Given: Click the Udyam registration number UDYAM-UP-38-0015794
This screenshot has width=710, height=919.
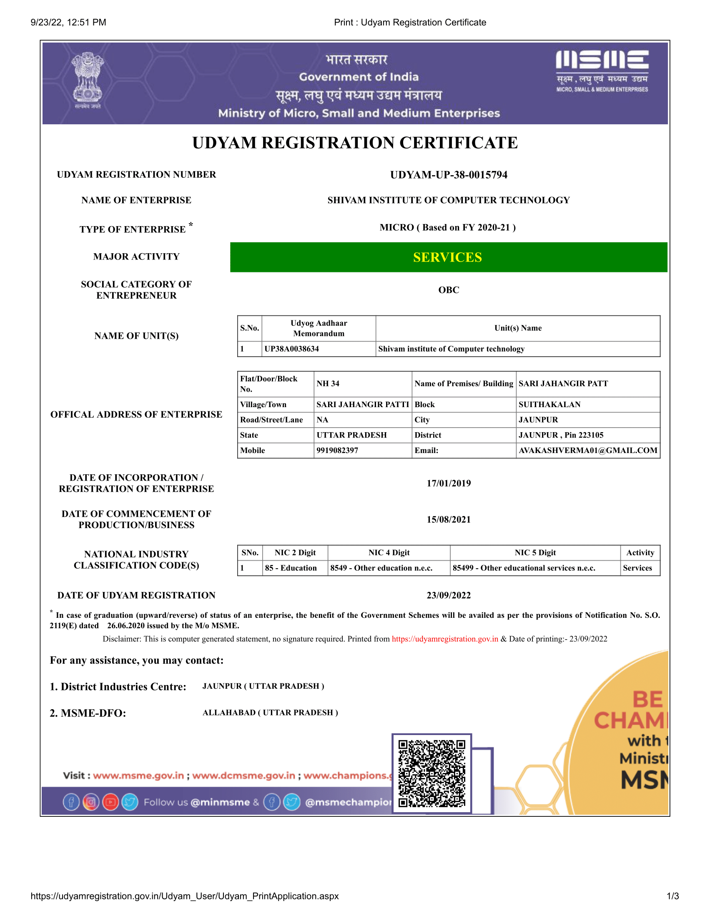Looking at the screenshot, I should (x=448, y=175).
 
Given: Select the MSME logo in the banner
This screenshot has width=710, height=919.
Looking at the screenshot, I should (x=602, y=70).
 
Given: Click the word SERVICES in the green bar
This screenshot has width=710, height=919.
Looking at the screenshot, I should (x=447, y=257).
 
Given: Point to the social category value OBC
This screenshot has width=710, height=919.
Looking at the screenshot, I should (x=448, y=290).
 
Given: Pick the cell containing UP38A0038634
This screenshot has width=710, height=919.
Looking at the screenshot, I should (x=291, y=349).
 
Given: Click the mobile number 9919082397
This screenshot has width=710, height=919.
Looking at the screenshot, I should (x=337, y=450).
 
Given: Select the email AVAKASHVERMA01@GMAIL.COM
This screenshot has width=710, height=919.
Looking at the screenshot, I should (x=587, y=450).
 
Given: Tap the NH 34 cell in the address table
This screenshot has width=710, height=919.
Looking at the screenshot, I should (x=328, y=383).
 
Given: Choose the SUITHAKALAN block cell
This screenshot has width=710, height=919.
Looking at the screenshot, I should (x=549, y=404).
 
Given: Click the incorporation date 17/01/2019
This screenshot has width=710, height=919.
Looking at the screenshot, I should (x=448, y=483).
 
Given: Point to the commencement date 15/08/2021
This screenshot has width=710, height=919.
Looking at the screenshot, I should (x=448, y=519).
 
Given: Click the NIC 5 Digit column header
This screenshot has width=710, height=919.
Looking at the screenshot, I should (x=535, y=552).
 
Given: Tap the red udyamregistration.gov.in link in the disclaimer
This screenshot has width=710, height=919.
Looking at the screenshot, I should (x=444, y=639).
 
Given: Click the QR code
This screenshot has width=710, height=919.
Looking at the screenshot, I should (x=432, y=773).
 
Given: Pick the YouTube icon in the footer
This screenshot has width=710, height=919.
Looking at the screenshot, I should (x=110, y=802).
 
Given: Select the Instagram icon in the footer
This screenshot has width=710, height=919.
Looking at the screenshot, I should (x=91, y=802).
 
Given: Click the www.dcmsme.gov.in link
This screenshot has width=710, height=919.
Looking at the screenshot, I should (x=243, y=775).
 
